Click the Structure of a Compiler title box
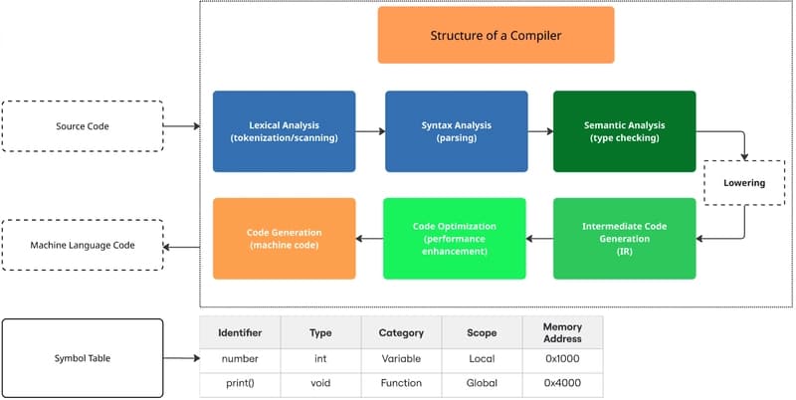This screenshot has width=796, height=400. [496, 36]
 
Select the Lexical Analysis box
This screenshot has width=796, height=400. [284, 130]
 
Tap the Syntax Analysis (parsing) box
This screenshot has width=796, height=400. [456, 130]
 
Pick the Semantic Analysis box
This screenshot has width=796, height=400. [625, 130]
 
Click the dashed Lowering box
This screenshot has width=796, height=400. [743, 183]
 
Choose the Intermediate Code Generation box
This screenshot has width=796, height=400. [625, 237]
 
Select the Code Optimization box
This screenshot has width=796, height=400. [453, 237]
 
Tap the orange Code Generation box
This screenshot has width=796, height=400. [284, 237]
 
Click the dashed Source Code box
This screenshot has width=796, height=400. [83, 126]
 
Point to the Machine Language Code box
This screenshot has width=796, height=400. [83, 245]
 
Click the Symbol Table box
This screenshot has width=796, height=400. [83, 357]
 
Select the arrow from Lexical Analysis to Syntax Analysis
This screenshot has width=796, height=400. [370, 130]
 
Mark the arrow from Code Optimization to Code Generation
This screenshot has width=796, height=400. [369, 238]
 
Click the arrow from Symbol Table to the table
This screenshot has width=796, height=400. [181, 358]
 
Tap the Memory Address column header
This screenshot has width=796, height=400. [562, 332]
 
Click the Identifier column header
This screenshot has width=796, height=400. [240, 333]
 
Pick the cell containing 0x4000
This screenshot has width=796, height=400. [562, 382]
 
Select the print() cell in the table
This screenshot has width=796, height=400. [240, 382]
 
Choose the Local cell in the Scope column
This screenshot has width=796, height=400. [482, 358]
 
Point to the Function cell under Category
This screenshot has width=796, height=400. [401, 382]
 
